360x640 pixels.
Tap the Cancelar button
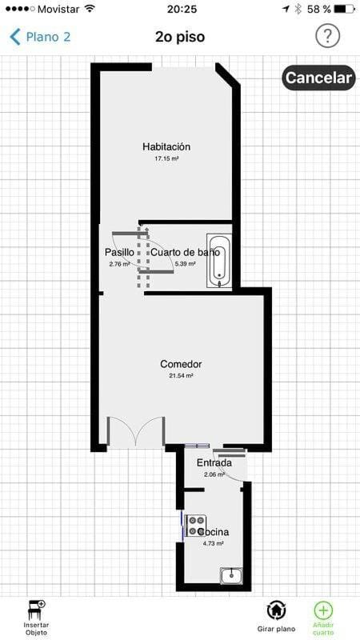[x=318, y=78]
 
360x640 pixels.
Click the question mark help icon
[x=327, y=37]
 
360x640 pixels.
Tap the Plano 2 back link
[x=40, y=37]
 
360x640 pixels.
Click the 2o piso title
[x=180, y=37]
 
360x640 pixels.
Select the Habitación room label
[x=166, y=146]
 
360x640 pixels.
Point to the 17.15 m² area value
[x=166, y=158]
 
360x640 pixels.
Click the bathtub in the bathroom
[x=219, y=261]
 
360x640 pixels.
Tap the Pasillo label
[x=119, y=252]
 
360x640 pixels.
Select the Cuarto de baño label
[x=186, y=252]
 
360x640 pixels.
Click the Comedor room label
[x=181, y=364]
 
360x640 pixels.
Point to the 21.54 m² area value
[x=181, y=376]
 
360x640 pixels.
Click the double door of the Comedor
[x=136, y=432]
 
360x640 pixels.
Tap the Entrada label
[x=214, y=463]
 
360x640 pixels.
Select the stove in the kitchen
[x=195, y=526]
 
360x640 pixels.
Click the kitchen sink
[x=231, y=576]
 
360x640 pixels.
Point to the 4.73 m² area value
[x=213, y=544]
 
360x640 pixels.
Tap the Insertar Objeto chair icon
[x=36, y=611]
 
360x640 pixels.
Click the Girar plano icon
[x=276, y=611]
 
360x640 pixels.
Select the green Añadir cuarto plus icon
[x=323, y=611]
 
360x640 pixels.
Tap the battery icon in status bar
[x=345, y=9]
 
